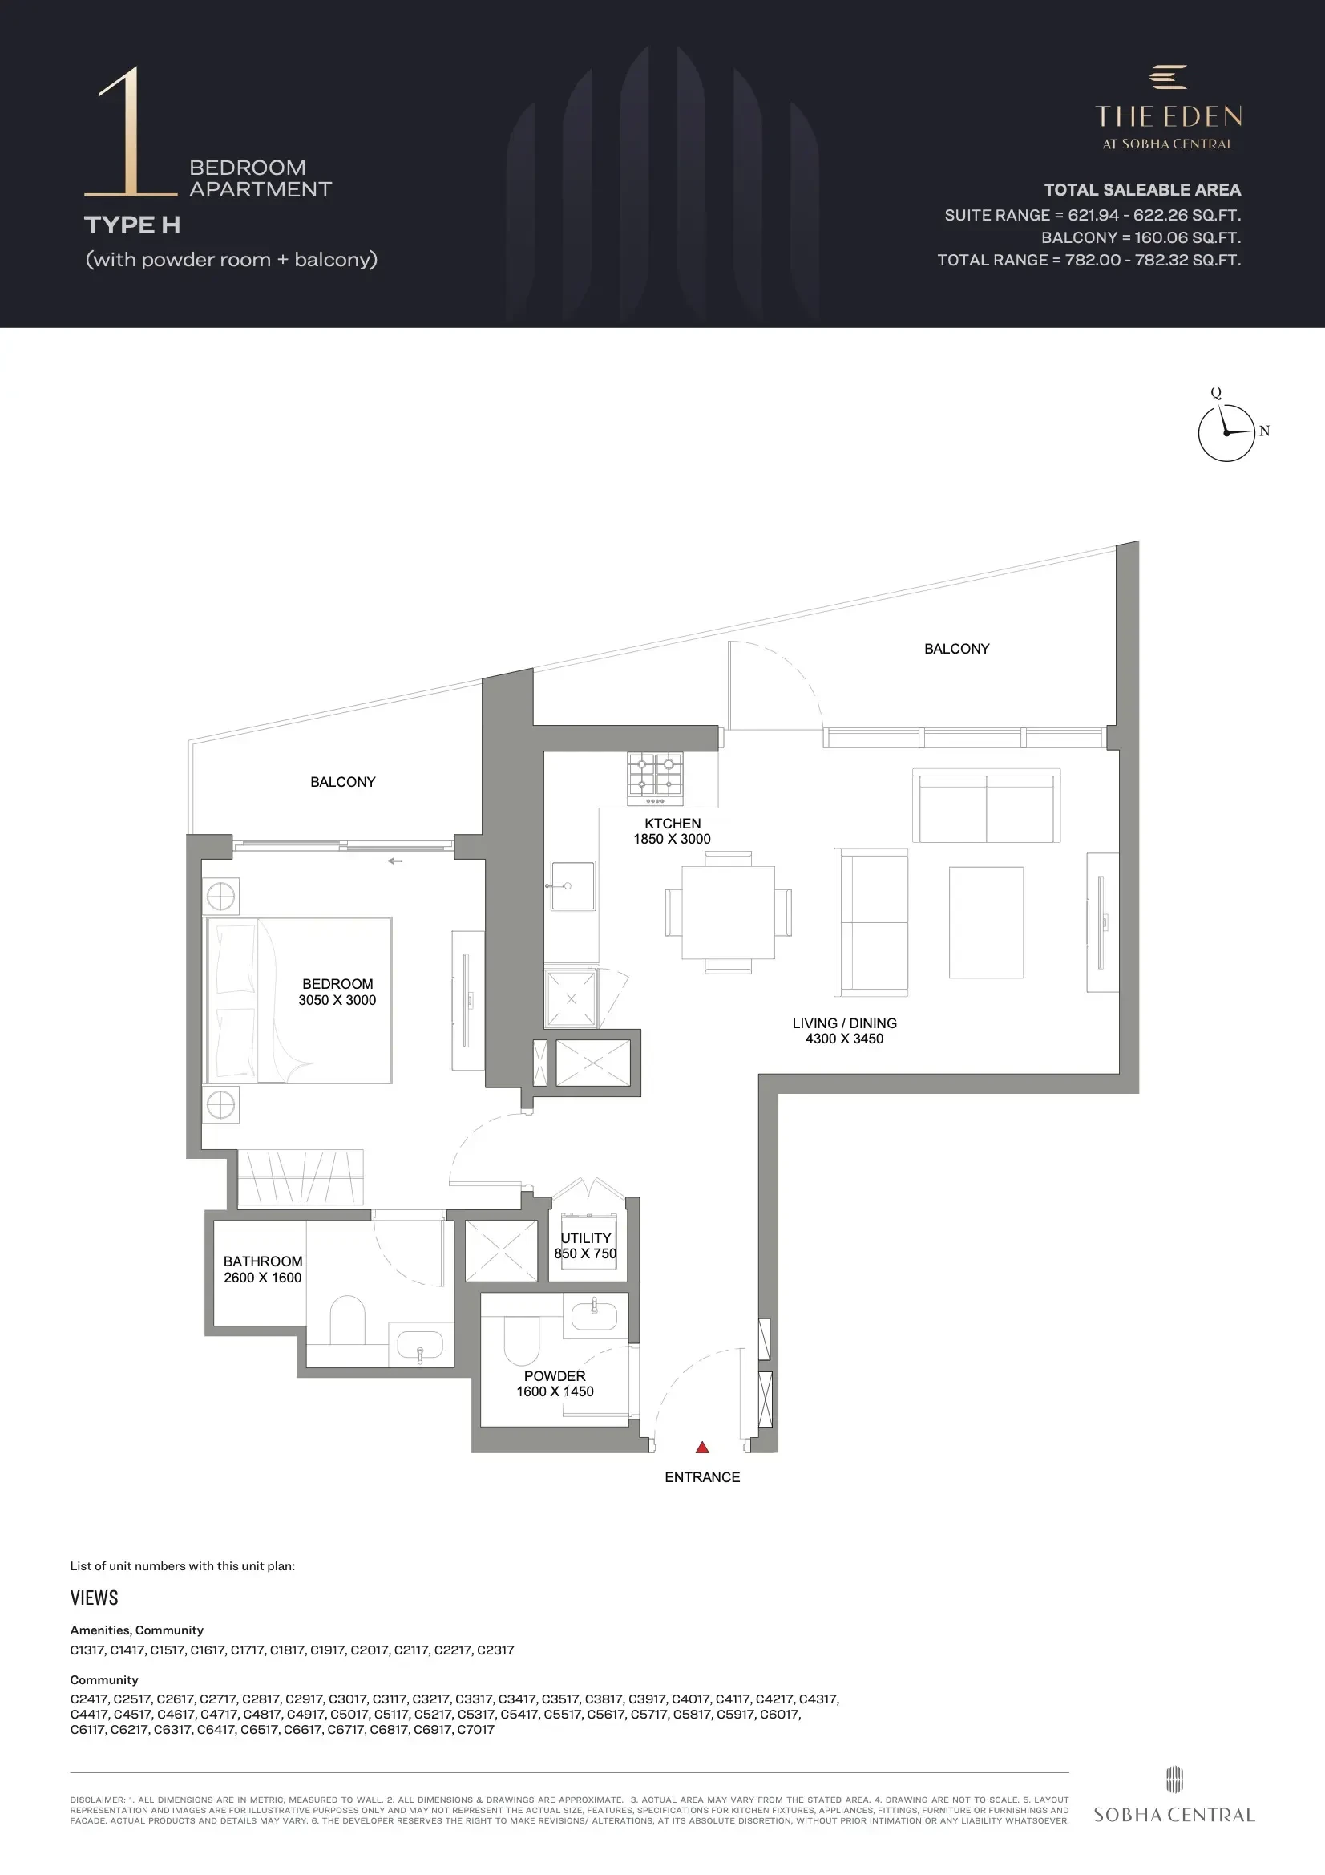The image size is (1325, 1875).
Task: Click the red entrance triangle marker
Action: tap(702, 1447)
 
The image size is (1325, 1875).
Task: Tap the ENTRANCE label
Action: tap(702, 1477)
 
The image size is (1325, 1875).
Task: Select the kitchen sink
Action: tap(572, 885)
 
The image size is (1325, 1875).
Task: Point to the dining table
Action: tap(728, 912)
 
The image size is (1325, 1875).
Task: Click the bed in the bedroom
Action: tap(299, 1000)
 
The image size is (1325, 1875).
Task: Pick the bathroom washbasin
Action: tap(420, 1343)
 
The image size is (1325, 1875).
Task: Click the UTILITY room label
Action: tap(585, 1238)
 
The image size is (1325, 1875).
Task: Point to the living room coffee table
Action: tap(986, 922)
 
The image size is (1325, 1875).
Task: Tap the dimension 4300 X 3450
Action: tap(844, 1039)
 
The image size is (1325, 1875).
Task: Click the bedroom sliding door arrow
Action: tap(395, 861)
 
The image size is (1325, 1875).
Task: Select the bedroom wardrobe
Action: tap(301, 1176)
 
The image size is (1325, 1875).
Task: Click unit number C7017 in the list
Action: tap(476, 1729)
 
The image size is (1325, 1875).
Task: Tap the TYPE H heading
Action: tap(132, 225)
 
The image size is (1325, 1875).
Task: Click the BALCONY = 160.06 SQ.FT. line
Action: tap(1141, 237)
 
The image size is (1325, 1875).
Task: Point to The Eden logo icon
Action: tap(1168, 77)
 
